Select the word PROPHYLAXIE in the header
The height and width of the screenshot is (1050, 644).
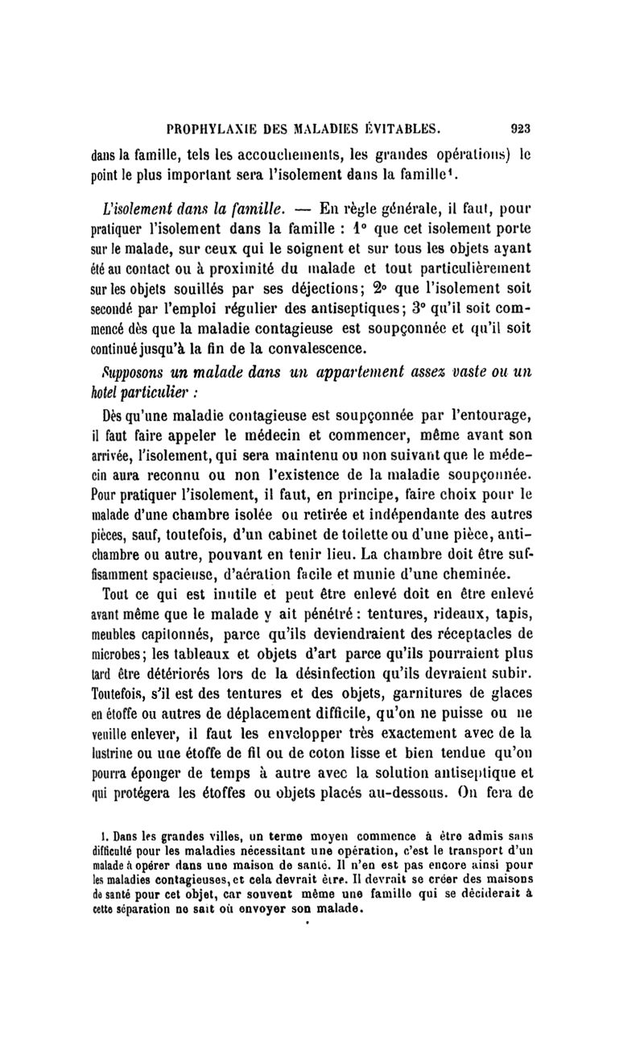(211, 126)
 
